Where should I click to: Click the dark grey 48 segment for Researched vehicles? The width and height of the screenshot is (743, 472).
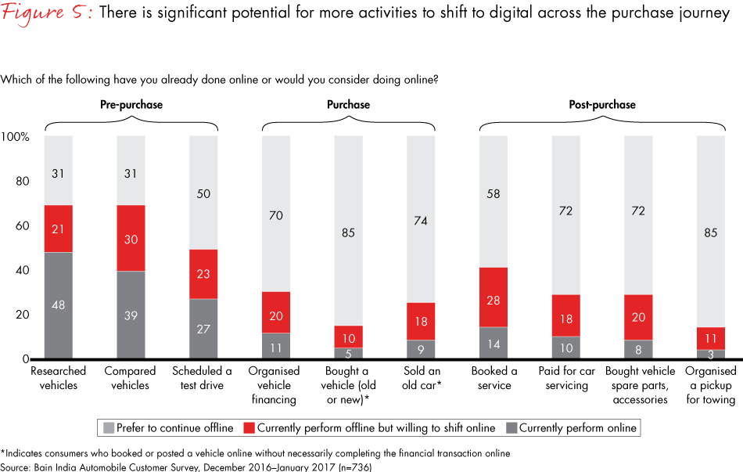(x=59, y=305)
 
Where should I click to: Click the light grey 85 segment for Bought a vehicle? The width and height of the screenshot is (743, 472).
(x=348, y=231)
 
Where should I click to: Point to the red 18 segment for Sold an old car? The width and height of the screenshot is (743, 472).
(x=421, y=321)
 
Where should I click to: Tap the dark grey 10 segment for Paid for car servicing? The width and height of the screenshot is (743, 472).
(x=565, y=348)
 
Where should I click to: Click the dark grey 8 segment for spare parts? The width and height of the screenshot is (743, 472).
(x=638, y=350)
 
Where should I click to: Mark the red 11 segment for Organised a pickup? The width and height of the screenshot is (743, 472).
(x=710, y=338)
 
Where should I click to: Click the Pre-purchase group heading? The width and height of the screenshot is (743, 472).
(x=131, y=104)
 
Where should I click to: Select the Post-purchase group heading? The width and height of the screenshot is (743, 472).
(x=602, y=104)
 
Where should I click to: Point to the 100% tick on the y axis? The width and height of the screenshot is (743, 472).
(x=16, y=137)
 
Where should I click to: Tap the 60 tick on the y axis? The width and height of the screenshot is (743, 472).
(x=22, y=226)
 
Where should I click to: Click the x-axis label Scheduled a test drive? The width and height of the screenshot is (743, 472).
(x=203, y=377)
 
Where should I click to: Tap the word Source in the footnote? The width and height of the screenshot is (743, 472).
(x=15, y=467)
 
